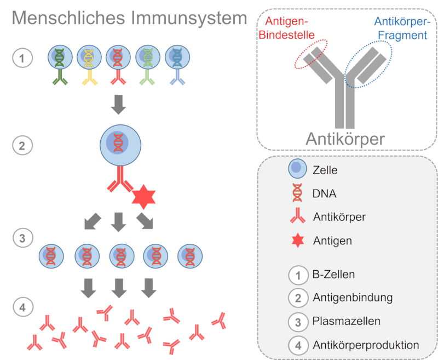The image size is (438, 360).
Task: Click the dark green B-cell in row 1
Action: (x=60, y=56)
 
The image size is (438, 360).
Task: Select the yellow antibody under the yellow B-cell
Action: (x=89, y=80)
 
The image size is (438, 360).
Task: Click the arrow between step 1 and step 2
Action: (x=119, y=105)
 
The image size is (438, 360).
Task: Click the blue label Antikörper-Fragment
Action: (x=400, y=28)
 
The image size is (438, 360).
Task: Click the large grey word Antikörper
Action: (x=345, y=138)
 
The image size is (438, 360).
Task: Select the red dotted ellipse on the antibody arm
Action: (x=311, y=54)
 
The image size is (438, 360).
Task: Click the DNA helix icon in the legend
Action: (x=297, y=193)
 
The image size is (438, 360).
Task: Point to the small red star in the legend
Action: (x=297, y=240)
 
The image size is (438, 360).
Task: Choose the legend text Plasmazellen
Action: (x=339, y=321)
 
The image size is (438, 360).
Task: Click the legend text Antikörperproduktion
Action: (x=366, y=345)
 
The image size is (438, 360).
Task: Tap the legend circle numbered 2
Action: (x=297, y=298)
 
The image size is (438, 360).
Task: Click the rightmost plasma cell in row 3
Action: (x=190, y=255)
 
